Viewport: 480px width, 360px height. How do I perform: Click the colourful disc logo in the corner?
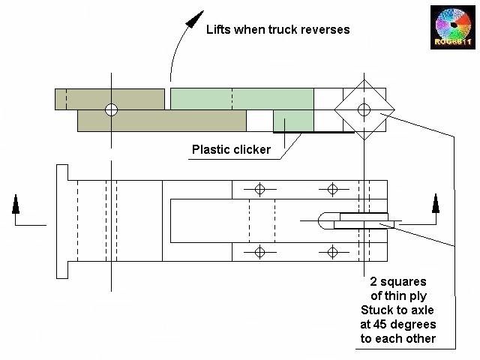[453, 28]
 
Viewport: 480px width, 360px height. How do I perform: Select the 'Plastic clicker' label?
[231, 149]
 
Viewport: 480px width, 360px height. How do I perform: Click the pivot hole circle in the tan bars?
[112, 110]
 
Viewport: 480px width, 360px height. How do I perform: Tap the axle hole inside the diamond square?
[364, 110]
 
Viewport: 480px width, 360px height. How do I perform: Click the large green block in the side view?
[241, 99]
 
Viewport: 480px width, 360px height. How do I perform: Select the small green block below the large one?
[288, 121]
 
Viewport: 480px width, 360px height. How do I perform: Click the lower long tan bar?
[161, 121]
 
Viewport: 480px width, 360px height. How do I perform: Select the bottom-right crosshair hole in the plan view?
[332, 251]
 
